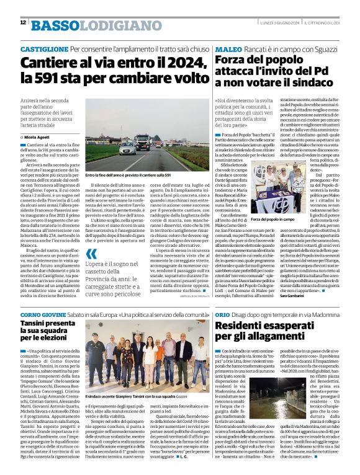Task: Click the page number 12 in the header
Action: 22,23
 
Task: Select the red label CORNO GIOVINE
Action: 40,316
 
